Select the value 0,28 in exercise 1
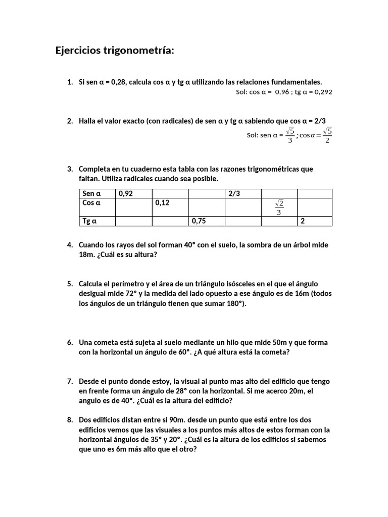[x=117, y=82]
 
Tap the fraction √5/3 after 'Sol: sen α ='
[x=289, y=135]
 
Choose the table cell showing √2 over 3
[x=279, y=207]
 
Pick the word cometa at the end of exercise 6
[x=276, y=352]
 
